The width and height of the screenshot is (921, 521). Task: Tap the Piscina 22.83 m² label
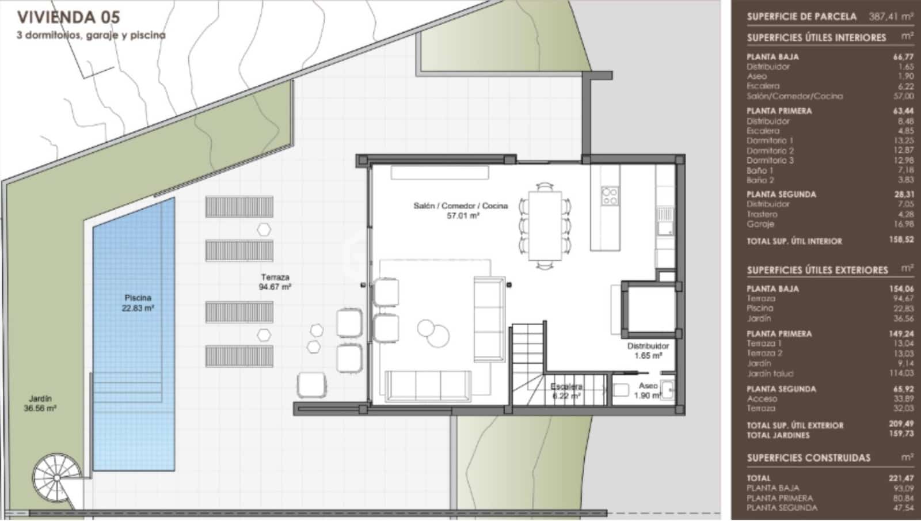(x=138, y=303)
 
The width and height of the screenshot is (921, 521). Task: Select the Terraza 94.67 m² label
(x=275, y=282)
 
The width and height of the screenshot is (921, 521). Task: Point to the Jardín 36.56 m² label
(x=40, y=403)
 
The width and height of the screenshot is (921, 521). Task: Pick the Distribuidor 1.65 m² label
(x=648, y=351)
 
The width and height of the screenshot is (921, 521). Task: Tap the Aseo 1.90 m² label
(x=648, y=390)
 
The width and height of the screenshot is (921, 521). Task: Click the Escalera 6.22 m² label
(x=566, y=391)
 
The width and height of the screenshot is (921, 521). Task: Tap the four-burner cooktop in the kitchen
(x=610, y=196)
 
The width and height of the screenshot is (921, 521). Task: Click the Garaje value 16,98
(x=901, y=224)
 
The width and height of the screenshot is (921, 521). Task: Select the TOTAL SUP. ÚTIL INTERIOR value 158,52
(x=900, y=240)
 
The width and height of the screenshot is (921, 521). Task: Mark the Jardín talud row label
(x=770, y=373)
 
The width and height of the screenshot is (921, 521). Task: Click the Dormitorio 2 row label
(x=770, y=150)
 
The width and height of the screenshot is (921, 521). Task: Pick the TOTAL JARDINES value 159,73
(x=900, y=434)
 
